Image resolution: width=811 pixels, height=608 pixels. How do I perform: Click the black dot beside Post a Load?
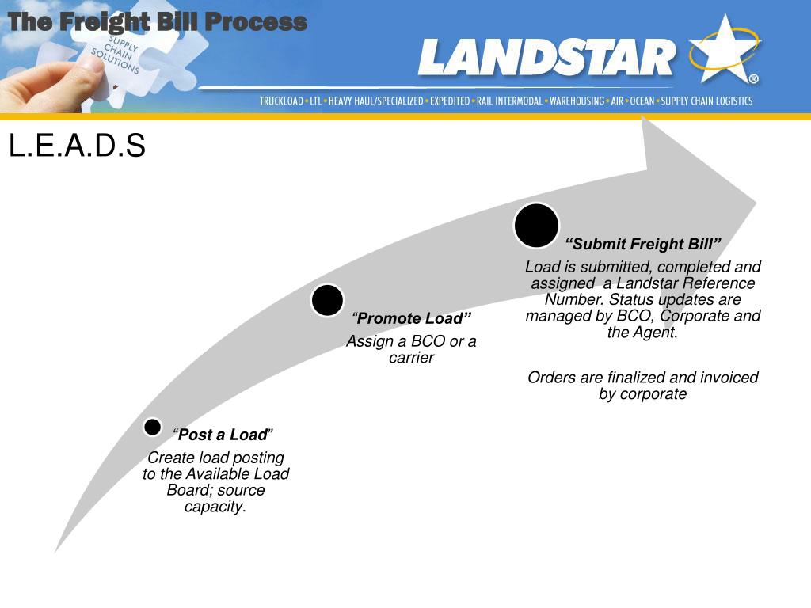(x=153, y=427)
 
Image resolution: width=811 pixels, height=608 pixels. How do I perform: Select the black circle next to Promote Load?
(x=327, y=301)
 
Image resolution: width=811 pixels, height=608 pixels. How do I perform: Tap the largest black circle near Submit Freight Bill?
(x=536, y=226)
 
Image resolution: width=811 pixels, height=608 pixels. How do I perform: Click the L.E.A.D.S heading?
(x=77, y=146)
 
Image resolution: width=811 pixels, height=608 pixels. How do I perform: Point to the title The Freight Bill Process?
(x=157, y=22)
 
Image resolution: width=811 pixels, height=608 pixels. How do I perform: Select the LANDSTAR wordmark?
(x=546, y=59)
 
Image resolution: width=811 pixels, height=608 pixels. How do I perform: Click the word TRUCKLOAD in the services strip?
(x=281, y=101)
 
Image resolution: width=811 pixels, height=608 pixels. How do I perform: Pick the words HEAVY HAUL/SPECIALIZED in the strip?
(x=376, y=101)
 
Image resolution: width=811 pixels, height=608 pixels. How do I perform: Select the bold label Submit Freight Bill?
(x=643, y=243)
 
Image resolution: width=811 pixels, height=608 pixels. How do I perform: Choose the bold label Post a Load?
(x=223, y=435)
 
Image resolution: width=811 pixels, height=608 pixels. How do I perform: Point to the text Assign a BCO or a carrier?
(x=411, y=349)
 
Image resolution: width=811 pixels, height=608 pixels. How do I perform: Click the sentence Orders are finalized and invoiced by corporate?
(x=642, y=386)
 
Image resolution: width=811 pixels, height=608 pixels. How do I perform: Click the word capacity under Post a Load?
(x=215, y=507)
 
